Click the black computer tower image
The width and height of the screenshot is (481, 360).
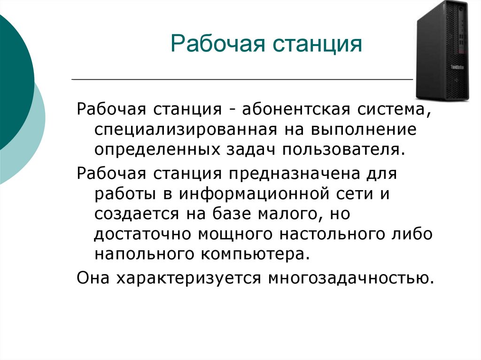442,50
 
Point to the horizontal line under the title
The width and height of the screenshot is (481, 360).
242,80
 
